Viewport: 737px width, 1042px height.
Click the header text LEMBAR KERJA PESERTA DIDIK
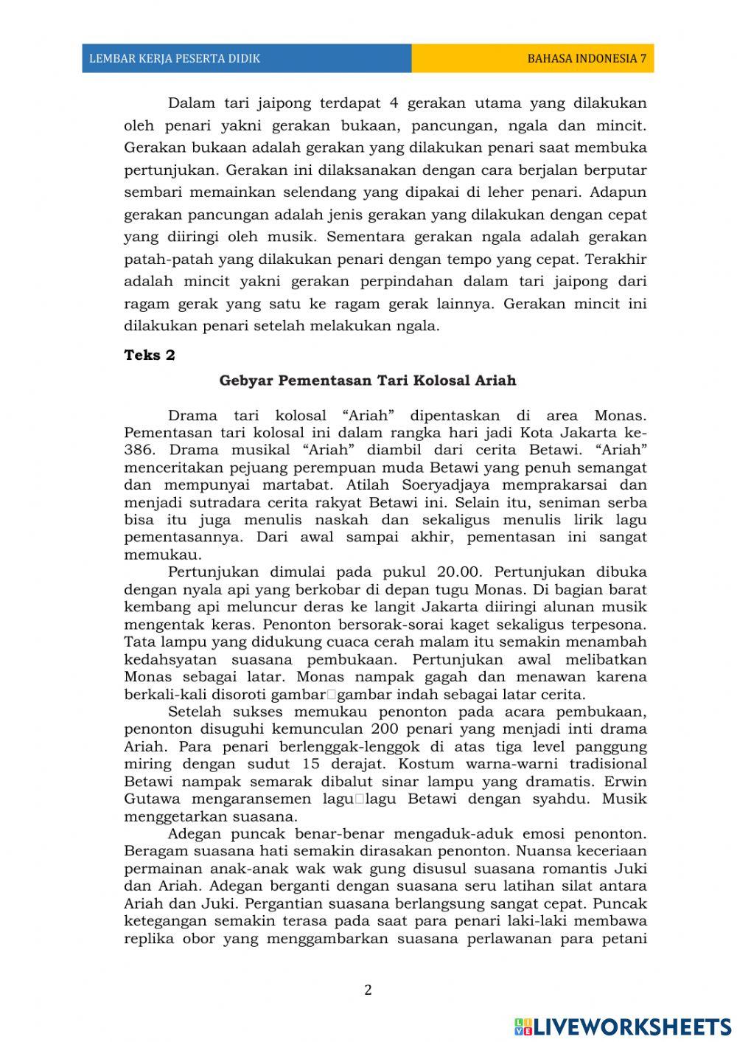(174, 58)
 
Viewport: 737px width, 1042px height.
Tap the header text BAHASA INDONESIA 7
(587, 58)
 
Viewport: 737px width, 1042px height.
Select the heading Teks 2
(150, 355)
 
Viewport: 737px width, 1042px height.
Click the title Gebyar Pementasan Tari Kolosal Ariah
(368, 381)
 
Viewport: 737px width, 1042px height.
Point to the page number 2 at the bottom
(368, 990)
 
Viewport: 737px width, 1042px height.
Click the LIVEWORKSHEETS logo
(623, 1026)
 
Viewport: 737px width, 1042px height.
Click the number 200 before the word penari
(384, 729)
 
